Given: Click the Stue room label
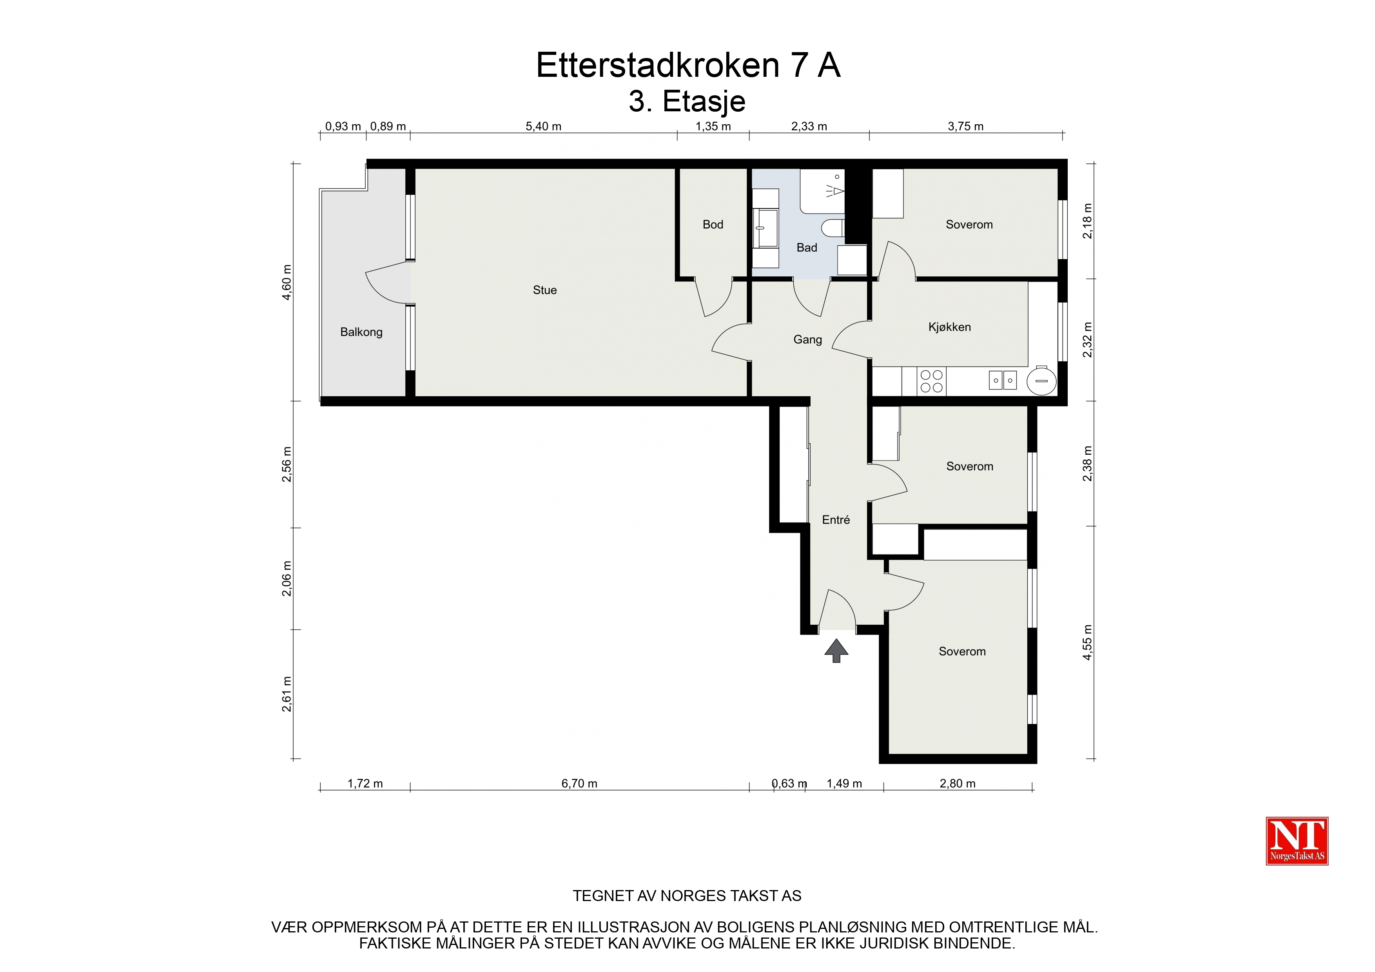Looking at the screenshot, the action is (x=544, y=290).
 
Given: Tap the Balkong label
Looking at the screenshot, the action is (x=361, y=332).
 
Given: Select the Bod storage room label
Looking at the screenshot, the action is (x=713, y=225).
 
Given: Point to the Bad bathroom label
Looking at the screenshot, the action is (x=807, y=247).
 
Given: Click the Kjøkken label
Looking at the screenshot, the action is (x=949, y=327).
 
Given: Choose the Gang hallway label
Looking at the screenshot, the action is (x=807, y=339).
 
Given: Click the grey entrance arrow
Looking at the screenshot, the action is (x=836, y=650).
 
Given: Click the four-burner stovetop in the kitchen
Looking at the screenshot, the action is (x=931, y=381).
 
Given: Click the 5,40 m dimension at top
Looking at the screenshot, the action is (x=543, y=126).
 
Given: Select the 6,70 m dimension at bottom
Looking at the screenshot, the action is (x=579, y=783).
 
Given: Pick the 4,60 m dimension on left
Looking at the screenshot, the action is (x=287, y=282).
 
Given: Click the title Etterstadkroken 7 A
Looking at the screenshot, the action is (x=688, y=65).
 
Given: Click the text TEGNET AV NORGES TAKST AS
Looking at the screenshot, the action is (x=687, y=896).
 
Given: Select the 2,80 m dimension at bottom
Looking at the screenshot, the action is (x=958, y=783).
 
